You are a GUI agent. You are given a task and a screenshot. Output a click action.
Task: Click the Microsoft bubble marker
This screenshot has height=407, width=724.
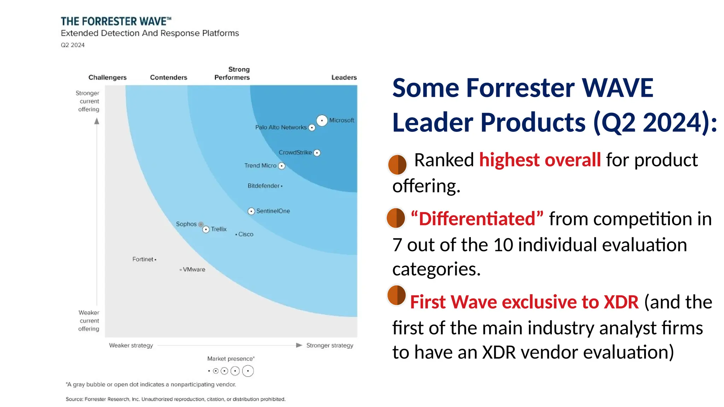322,120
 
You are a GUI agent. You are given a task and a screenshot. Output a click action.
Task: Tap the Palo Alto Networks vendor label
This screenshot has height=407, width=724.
281,127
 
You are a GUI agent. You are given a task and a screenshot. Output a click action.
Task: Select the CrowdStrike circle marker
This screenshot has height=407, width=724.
317,153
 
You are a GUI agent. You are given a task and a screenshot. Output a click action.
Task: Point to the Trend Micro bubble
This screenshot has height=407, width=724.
281,166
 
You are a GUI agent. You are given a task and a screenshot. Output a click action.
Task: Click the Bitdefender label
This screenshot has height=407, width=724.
263,186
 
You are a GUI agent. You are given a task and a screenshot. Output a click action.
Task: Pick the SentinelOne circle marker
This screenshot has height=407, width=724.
251,211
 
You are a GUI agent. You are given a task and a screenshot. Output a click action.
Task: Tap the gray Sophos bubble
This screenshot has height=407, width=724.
201,224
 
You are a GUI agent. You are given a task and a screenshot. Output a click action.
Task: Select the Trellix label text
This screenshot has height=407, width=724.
219,229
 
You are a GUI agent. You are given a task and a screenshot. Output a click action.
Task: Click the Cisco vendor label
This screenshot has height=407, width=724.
246,234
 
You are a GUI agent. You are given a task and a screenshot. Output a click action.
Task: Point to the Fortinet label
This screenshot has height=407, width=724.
143,259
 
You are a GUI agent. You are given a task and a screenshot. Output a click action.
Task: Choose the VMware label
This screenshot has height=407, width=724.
194,270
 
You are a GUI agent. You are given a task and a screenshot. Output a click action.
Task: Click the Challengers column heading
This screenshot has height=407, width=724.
107,77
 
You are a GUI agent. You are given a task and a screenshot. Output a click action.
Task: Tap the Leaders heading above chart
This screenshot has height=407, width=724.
344,77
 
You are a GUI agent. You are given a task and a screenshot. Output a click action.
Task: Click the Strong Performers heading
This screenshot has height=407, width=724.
232,73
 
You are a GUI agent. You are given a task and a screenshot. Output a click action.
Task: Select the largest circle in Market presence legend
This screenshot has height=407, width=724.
248,371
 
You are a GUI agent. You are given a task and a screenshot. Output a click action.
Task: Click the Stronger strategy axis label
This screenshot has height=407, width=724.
329,345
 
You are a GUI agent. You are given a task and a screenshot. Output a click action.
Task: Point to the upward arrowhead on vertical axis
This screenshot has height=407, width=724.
97,121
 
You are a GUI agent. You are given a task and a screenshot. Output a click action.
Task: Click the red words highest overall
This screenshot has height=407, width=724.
540,160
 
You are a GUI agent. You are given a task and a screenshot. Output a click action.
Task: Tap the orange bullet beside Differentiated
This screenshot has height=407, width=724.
396,218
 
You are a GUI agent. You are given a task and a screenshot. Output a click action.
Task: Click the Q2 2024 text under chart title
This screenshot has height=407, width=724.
73,45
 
